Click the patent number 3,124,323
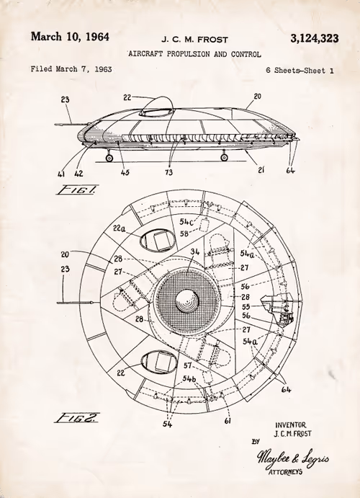pos(315,39)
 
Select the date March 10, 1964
pos(70,37)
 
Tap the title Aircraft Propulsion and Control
pos(194,54)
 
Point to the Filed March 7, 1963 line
pos(71,69)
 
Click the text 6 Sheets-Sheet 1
pos(300,71)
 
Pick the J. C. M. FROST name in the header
pos(194,40)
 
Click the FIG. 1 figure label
pos(76,190)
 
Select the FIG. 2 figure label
pos(77,418)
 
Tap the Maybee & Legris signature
pos(292,458)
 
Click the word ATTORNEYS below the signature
pos(285,472)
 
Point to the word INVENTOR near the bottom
pos(291,425)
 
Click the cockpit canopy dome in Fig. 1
pos(157,105)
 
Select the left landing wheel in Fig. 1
pos(109,158)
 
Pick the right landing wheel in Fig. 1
pos(224,157)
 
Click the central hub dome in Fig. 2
pos(187,301)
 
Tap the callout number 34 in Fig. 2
pos(195,252)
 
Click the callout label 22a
pos(120,228)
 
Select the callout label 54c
pos(187,221)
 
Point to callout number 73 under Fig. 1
pos(168,172)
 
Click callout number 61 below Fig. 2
pos(228,421)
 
